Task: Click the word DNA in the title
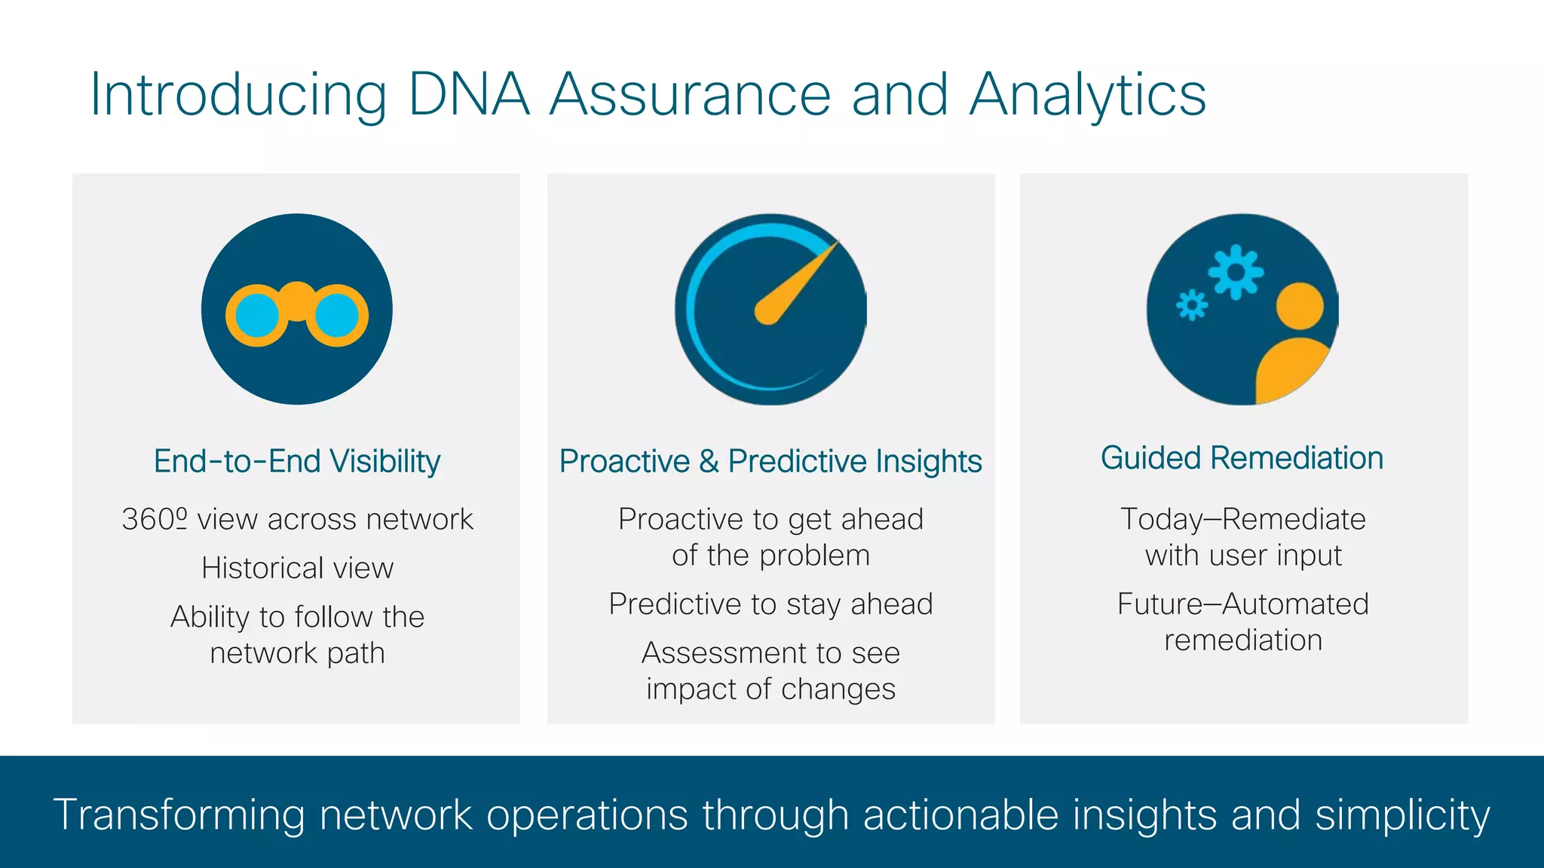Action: [468, 95]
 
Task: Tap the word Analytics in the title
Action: [1087, 95]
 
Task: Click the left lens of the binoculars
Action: [257, 316]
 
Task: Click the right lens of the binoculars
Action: [337, 316]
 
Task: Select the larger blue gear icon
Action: [1236, 272]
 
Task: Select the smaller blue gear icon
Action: [1192, 305]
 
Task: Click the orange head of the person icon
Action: [1299, 307]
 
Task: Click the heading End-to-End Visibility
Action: [297, 461]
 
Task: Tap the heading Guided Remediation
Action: [1242, 458]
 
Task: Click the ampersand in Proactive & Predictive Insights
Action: [709, 461]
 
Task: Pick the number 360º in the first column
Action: [155, 520]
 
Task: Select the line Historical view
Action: [297, 568]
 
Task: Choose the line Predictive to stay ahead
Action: [770, 604]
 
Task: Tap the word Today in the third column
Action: [1161, 520]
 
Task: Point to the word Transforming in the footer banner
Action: [179, 815]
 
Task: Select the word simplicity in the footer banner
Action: [1402, 815]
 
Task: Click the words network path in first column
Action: [297, 653]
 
